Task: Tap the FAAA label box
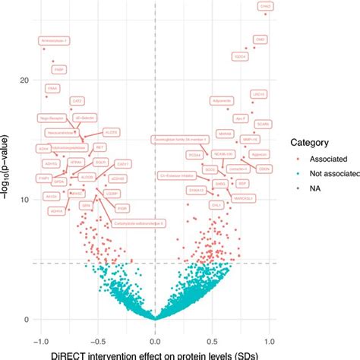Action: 52,88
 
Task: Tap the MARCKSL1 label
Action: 245,200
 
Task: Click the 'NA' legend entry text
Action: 308,187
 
